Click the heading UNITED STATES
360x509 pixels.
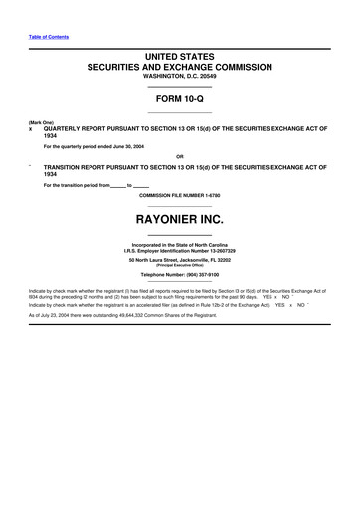pyautogui.click(x=180, y=59)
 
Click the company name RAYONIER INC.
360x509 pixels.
pyautogui.click(x=180, y=216)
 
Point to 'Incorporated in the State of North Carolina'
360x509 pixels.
pyautogui.click(x=180, y=244)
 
